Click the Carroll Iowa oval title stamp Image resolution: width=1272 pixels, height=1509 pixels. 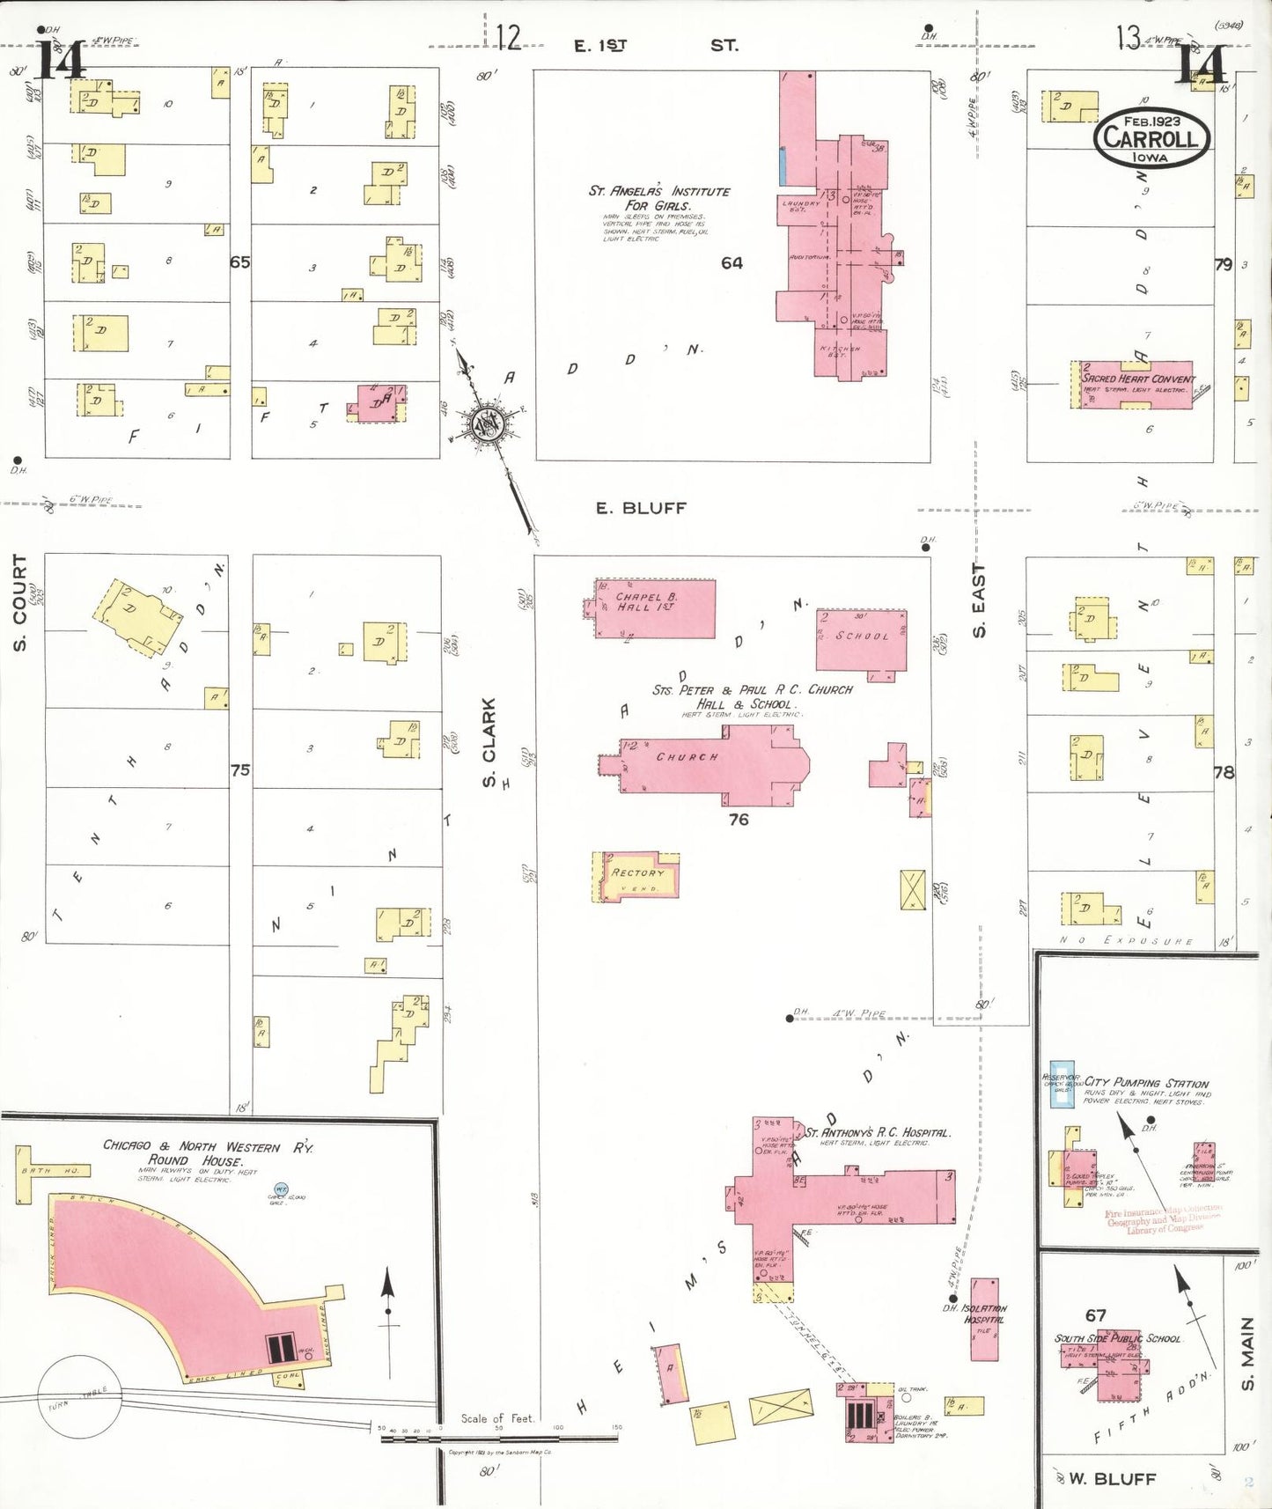click(x=1151, y=138)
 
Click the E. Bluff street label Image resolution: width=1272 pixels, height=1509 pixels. click(x=641, y=508)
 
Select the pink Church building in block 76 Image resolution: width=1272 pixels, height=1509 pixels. click(x=704, y=763)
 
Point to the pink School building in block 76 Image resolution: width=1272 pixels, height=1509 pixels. click(x=860, y=639)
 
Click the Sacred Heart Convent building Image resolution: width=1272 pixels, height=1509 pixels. click(x=1136, y=385)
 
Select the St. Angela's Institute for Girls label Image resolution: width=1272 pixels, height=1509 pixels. click(x=658, y=198)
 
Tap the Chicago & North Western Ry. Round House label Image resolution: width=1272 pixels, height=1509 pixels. click(x=208, y=1152)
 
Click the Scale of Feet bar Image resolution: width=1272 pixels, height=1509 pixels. click(x=498, y=1436)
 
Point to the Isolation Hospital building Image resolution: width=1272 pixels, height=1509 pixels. click(x=984, y=1319)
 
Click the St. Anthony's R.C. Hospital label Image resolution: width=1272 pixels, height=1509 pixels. click(x=877, y=1133)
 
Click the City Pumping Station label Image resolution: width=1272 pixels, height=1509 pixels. click(x=1146, y=1083)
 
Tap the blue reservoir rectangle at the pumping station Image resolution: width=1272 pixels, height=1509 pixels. click(x=1062, y=1084)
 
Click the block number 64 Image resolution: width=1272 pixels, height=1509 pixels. click(x=732, y=262)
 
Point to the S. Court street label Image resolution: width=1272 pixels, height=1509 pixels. click(x=20, y=603)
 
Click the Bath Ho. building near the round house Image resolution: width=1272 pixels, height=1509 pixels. click(x=25, y=1174)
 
